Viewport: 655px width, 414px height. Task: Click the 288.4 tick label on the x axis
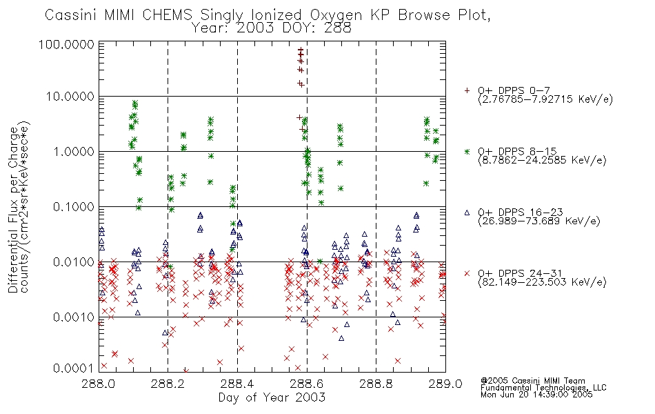[237, 384]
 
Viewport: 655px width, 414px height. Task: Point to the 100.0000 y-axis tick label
[66, 44]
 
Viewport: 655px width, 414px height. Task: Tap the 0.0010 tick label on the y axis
[74, 317]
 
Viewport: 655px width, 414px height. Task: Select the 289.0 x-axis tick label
[445, 384]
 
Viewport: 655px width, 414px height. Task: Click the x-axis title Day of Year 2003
[272, 397]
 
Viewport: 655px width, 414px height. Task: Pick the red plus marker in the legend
[467, 90]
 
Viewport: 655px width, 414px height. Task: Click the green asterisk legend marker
[467, 151]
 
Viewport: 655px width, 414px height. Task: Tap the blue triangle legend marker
[467, 213]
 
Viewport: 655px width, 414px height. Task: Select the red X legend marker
[467, 273]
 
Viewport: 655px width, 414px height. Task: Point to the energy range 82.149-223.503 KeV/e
[542, 282]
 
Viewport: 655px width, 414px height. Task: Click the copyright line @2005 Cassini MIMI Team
[532, 381]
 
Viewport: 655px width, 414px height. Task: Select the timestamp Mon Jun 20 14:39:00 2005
[536, 395]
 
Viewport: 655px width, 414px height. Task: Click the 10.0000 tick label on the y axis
[70, 97]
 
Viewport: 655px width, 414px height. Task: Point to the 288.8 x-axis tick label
[376, 384]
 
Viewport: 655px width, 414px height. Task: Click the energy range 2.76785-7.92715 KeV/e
[545, 99]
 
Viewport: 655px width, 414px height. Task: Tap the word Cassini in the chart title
[70, 14]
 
